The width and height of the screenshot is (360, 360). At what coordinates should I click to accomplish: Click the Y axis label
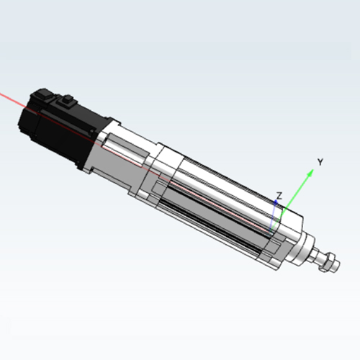coord(320,162)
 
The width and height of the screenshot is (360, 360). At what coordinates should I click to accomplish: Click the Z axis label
coord(279,196)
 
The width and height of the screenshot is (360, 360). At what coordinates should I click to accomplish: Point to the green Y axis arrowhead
coord(310,173)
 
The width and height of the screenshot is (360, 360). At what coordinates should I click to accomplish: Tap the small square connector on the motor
coord(66,100)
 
